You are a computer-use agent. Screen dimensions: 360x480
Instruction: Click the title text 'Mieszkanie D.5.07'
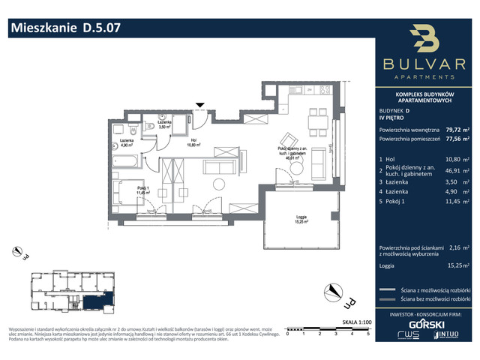coord(64,28)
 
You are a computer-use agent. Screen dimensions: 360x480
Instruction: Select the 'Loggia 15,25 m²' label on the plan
coord(304,220)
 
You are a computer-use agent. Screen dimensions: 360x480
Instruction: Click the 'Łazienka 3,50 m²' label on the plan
coord(164,125)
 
